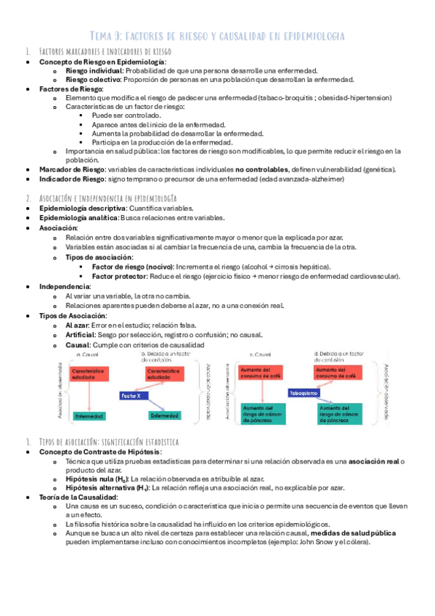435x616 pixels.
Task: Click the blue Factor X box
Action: click(134, 396)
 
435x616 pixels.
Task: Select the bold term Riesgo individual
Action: click(94, 71)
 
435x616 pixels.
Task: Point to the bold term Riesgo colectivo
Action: click(92, 80)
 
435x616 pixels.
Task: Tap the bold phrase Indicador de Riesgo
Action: click(68, 179)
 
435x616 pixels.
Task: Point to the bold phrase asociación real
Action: click(373, 461)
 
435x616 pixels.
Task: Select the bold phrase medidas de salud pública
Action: click(354, 532)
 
